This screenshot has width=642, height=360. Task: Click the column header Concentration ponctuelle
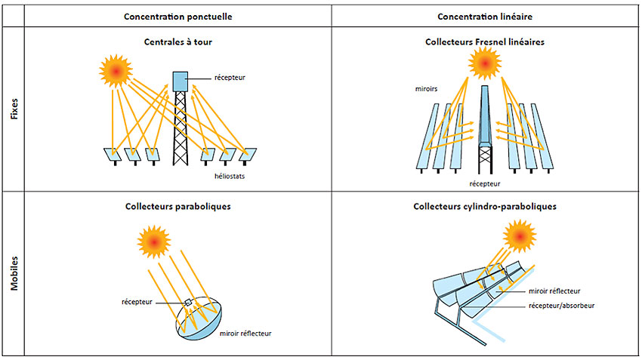tap(177, 17)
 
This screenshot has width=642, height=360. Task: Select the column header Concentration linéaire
tap(485, 17)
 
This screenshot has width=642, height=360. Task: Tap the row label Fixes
tap(13, 109)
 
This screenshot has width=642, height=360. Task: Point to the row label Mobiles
tap(13, 273)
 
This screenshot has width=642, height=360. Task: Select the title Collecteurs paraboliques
tap(177, 205)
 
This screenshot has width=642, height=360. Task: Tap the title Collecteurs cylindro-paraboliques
tap(485, 205)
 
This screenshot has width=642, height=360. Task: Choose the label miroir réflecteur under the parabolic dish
tap(245, 333)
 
